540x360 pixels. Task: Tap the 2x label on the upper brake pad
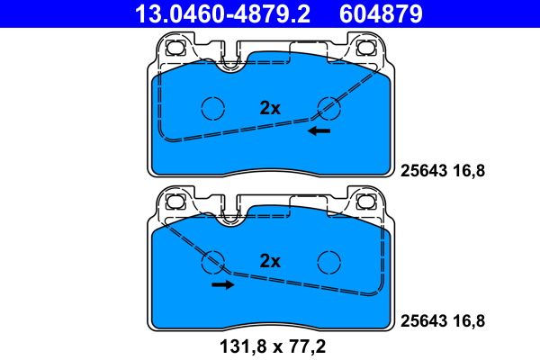coord(270,107)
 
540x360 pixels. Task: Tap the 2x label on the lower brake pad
coord(270,261)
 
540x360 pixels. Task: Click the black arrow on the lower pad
coord(222,284)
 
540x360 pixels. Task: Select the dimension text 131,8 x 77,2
coord(270,344)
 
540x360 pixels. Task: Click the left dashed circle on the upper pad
coord(213,107)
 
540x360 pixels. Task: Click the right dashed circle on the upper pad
coord(330,107)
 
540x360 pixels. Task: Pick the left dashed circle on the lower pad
coord(213,261)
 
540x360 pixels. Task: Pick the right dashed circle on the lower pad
coord(330,261)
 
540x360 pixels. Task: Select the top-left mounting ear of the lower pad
coord(175,202)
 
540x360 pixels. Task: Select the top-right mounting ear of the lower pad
coord(367,202)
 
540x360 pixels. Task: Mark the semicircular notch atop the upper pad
coord(231,64)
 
